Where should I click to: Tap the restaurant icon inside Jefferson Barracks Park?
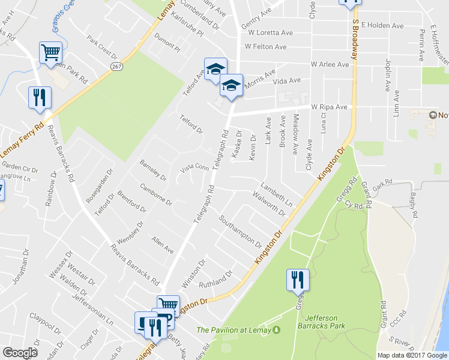click(298, 280)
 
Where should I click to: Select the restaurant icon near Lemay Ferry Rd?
click(40, 98)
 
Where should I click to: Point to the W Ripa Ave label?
click(329, 107)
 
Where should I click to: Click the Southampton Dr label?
click(240, 232)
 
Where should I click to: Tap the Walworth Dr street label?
click(268, 205)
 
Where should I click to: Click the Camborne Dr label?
click(155, 193)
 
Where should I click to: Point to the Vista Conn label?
click(194, 168)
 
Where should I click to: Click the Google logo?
click(20, 353)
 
